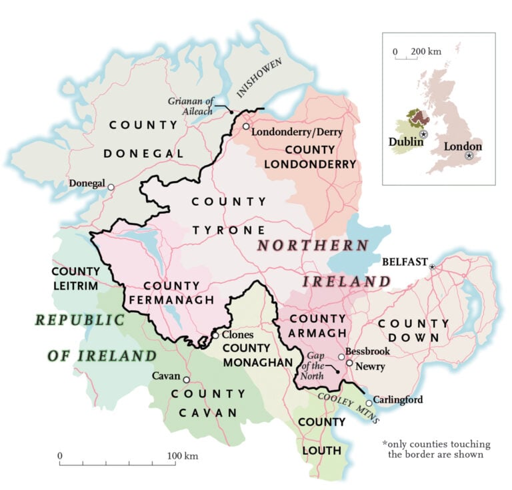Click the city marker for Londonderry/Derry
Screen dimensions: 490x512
(x=246, y=126)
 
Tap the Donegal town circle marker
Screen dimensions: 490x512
(x=111, y=187)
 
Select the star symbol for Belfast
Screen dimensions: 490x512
(x=432, y=267)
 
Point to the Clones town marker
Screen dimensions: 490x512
(x=215, y=335)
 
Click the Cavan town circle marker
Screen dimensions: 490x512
(x=187, y=379)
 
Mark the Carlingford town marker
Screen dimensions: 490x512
(x=369, y=403)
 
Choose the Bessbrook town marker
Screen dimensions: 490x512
(x=341, y=357)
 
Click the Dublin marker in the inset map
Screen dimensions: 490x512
(x=423, y=134)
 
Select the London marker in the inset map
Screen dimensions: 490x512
(x=469, y=155)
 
